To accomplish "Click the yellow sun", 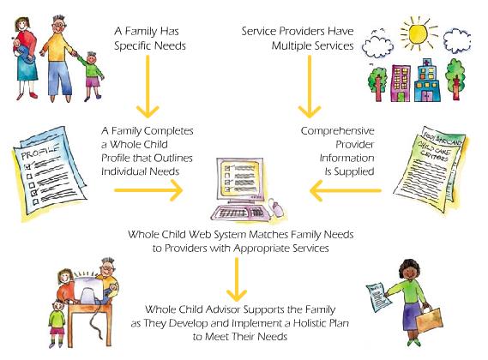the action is [418, 33].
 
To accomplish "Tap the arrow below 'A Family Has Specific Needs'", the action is [148, 87].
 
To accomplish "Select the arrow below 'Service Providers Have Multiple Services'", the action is [310, 87].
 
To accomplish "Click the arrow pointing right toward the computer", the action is [148, 190].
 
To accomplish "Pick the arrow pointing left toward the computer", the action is [345, 190].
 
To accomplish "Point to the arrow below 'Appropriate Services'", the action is [237, 279].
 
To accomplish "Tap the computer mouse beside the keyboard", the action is [276, 207].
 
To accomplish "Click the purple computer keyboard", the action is [238, 213].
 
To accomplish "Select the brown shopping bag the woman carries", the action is [429, 319].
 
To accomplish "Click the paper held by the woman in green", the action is [378, 297].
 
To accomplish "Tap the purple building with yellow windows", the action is [401, 83].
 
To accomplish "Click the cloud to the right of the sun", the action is [456, 39].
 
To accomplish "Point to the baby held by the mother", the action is [22, 51].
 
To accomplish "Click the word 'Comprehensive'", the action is [337, 131].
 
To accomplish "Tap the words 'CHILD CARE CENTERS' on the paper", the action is [434, 150].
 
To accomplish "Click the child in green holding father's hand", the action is [91, 75].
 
